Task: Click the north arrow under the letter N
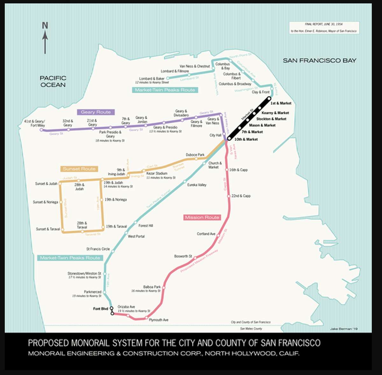(x=45, y=43)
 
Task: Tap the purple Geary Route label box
(x=95, y=112)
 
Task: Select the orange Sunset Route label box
(x=79, y=169)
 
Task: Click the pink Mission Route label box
(x=202, y=217)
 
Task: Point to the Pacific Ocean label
(x=53, y=81)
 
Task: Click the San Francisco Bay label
(x=319, y=60)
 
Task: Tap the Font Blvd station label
(x=101, y=309)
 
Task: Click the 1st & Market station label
(x=281, y=103)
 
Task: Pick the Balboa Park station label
(x=152, y=287)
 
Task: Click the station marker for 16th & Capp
(x=227, y=170)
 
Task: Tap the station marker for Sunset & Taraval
(x=62, y=229)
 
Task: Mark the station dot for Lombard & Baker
(x=168, y=78)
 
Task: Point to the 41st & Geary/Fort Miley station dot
(x=41, y=130)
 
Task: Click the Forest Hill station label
(x=146, y=226)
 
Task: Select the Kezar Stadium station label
(x=157, y=174)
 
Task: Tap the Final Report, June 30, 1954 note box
(x=324, y=28)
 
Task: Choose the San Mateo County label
(x=251, y=329)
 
